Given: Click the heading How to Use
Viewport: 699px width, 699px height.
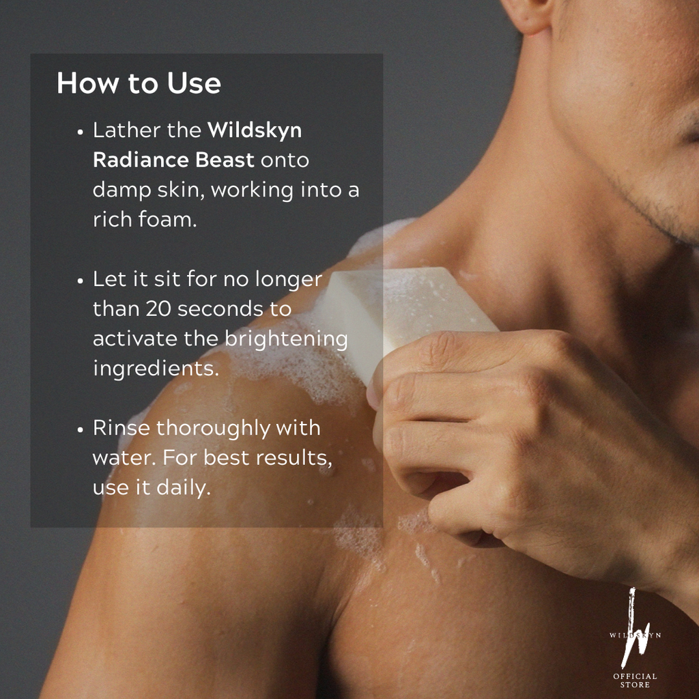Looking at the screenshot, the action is tap(139, 83).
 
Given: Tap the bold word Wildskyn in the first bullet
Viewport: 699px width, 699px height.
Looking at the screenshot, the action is tap(255, 130).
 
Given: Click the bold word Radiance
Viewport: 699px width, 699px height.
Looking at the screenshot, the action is tap(141, 160).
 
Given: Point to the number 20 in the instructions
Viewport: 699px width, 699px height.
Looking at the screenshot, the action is tap(158, 309).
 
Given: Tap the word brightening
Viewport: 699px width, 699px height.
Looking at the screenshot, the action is tap(286, 339).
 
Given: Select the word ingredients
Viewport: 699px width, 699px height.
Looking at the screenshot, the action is tap(156, 369).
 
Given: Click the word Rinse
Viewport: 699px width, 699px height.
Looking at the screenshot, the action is tap(122, 428).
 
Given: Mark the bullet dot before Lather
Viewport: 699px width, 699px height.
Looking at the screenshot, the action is tap(81, 132).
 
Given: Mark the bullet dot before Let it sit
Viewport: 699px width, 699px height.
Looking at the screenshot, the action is tap(81, 281).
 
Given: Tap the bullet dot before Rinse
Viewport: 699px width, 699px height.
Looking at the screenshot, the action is tap(81, 430).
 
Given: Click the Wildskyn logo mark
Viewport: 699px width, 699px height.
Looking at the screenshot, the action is tap(635, 629).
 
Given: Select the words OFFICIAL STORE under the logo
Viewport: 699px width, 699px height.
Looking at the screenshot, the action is tap(635, 681).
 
